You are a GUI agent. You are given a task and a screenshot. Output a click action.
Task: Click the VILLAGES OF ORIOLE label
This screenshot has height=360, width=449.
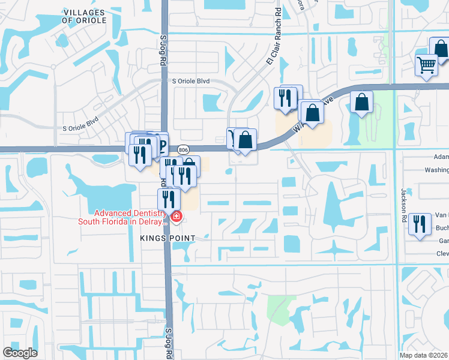(84, 16)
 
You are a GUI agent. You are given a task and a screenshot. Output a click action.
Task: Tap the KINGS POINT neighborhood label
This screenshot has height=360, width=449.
(168, 238)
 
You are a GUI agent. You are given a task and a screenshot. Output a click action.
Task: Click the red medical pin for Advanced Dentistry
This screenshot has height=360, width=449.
(176, 216)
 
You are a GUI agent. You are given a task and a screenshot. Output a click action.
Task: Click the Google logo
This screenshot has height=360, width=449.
(20, 353)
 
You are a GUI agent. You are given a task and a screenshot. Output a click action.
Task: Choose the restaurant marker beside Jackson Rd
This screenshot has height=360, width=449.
(420, 224)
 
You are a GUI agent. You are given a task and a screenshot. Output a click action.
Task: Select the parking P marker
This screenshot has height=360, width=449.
(160, 145)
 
